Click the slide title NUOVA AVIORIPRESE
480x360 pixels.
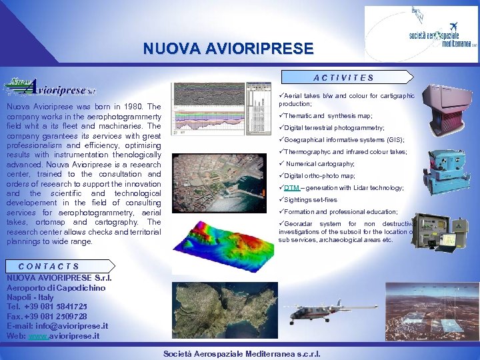coord(228,49)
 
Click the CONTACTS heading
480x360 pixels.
coord(49,267)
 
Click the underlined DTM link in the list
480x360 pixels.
coord(291,188)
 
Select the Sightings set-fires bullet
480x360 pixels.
coord(311,200)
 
